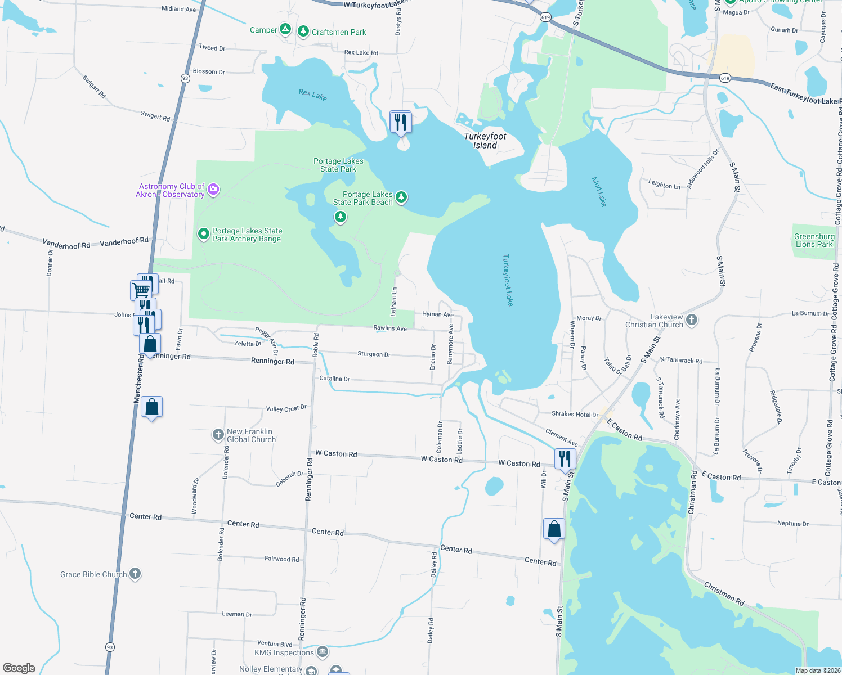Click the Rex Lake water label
point(312,95)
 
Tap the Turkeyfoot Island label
point(485,141)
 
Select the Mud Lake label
point(599,192)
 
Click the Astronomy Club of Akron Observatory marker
point(213,190)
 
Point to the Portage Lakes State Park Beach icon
point(401,197)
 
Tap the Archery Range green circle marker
point(204,233)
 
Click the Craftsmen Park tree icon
point(303,31)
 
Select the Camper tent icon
point(285,29)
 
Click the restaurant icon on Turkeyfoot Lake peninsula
point(401,121)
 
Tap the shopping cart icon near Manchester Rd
point(141,290)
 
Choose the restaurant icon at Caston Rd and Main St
point(565,458)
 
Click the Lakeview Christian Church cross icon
point(692,320)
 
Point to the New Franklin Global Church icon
point(218,434)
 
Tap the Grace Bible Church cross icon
point(135,573)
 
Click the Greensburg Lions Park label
point(814,240)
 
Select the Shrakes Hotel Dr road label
point(575,415)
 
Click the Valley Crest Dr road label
point(286,408)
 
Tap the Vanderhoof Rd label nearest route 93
point(124,241)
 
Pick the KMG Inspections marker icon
point(323,652)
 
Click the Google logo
point(19,668)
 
